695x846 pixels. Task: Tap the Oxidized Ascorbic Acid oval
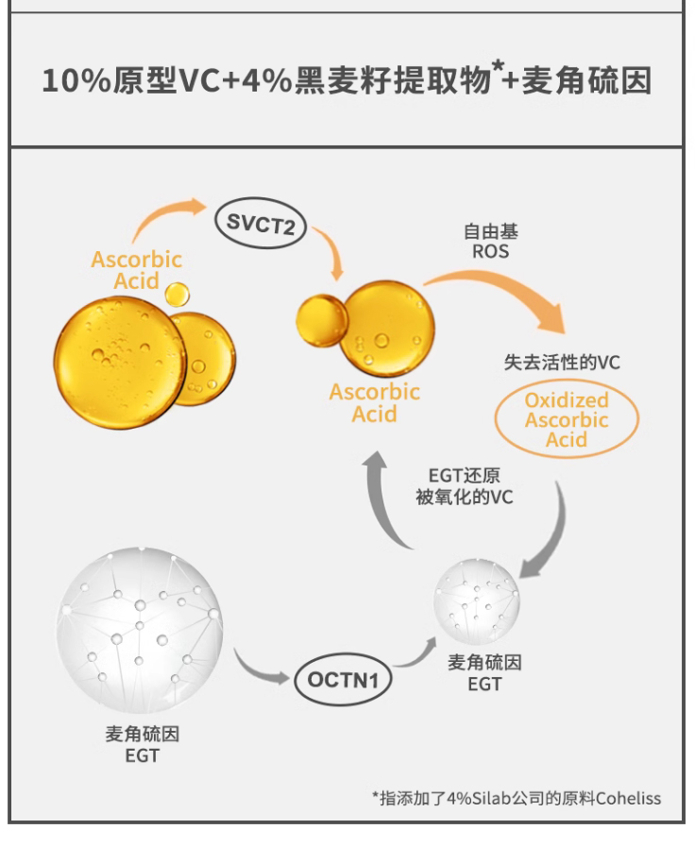point(567,420)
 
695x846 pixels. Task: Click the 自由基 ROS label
point(490,241)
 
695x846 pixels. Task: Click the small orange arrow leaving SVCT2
point(330,253)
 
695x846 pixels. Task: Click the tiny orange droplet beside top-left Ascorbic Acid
point(177,294)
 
